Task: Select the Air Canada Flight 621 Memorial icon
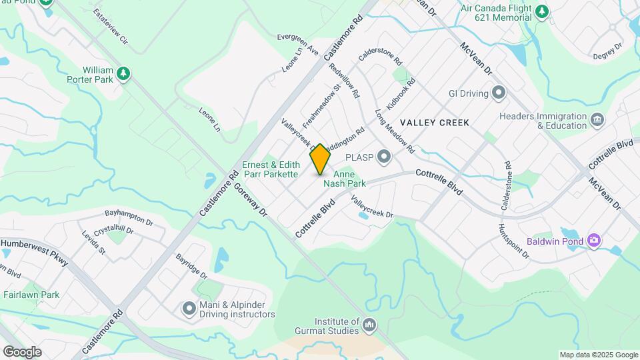(x=543, y=11)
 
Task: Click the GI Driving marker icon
(x=497, y=93)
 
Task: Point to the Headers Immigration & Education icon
(x=596, y=120)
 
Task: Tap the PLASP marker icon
(x=383, y=157)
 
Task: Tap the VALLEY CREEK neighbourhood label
(x=435, y=123)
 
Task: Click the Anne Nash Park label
(x=345, y=179)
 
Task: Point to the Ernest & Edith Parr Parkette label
(x=269, y=169)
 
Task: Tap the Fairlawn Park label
(x=31, y=295)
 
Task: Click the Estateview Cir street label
(x=110, y=26)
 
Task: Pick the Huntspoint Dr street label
(x=507, y=241)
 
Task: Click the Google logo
(x=22, y=351)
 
